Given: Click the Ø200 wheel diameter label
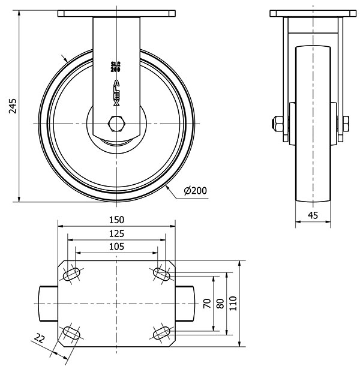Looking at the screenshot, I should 196,191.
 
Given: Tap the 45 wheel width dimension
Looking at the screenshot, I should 313,215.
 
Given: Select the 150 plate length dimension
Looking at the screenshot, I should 117,220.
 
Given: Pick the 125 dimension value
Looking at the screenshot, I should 117,233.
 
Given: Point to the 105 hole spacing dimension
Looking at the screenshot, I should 117,247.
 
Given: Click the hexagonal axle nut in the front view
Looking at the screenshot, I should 116,124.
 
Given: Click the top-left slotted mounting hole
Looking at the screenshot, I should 71,274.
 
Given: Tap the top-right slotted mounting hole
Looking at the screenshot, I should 162,274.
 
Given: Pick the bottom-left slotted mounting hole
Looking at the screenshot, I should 71,333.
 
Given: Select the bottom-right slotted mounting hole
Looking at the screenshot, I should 162,333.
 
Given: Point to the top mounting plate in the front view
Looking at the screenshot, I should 117,14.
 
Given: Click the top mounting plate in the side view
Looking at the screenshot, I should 313,14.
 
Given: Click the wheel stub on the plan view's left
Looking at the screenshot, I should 48,304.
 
